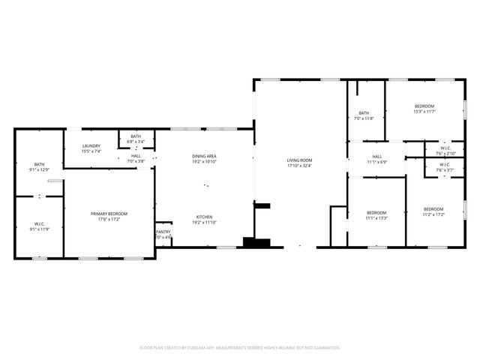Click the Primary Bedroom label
[x=109, y=214]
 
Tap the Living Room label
[x=299, y=160]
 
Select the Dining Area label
[x=205, y=156]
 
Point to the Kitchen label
[x=205, y=217]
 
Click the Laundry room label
[x=91, y=147]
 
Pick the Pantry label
[x=163, y=232]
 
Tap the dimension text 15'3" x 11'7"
[x=424, y=112]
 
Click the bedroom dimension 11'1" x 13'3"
[x=376, y=217]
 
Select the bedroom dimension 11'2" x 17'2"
[x=433, y=214]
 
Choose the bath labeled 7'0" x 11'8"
[x=364, y=118]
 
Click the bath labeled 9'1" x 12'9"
[x=39, y=169]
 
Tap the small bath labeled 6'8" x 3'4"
[x=136, y=141]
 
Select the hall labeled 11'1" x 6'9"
[x=376, y=162]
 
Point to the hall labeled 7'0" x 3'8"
[x=136, y=160]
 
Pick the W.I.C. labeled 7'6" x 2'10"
[x=445, y=153]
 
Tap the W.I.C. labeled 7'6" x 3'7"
[x=445, y=170]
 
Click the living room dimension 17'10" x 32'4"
[x=299, y=166]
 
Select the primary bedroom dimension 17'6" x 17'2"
[x=109, y=219]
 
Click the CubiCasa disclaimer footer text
[x=240, y=347]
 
